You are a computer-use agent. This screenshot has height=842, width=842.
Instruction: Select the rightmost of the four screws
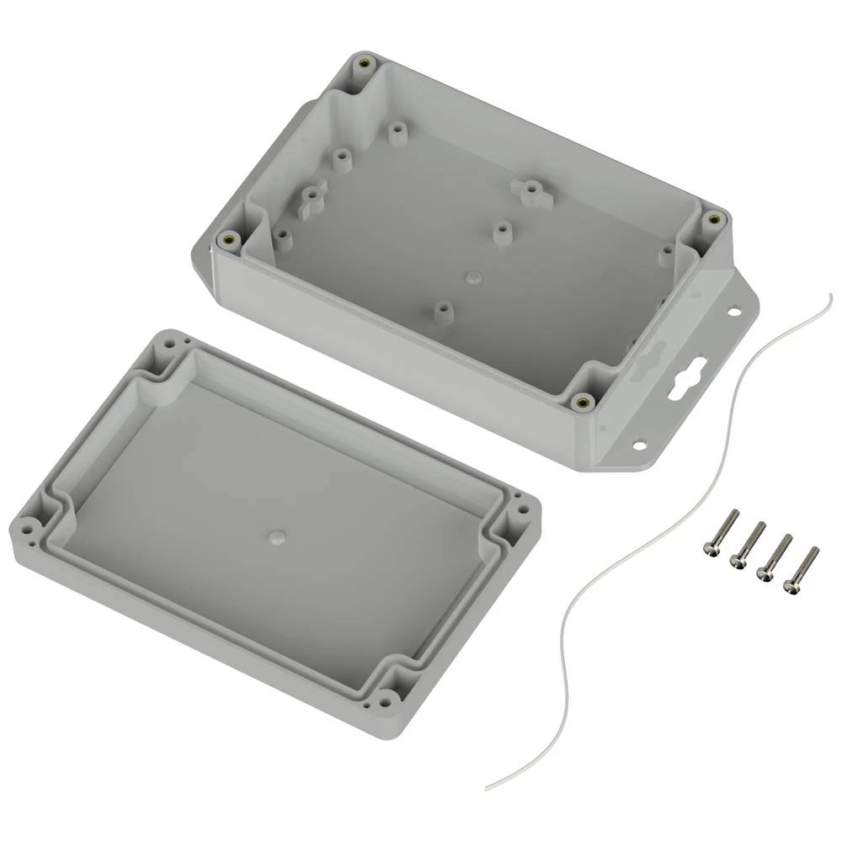[x=801, y=569]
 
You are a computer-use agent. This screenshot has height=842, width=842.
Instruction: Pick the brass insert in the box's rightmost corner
[x=714, y=219]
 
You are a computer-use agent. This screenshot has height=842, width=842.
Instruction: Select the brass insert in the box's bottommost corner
[x=580, y=402]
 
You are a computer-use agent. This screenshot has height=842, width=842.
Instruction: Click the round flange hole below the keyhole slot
[x=639, y=443]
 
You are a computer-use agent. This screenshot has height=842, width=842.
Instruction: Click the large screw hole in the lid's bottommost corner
[x=386, y=697]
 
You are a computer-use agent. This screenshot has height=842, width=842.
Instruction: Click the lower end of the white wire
[x=488, y=788]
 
